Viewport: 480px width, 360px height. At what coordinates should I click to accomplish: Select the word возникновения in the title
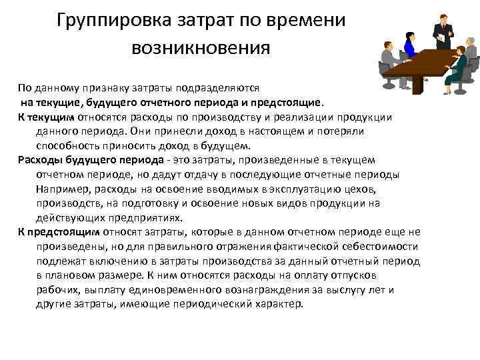point(201,47)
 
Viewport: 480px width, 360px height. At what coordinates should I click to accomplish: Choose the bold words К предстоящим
point(59,232)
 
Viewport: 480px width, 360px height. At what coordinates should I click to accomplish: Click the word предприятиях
point(151,217)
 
